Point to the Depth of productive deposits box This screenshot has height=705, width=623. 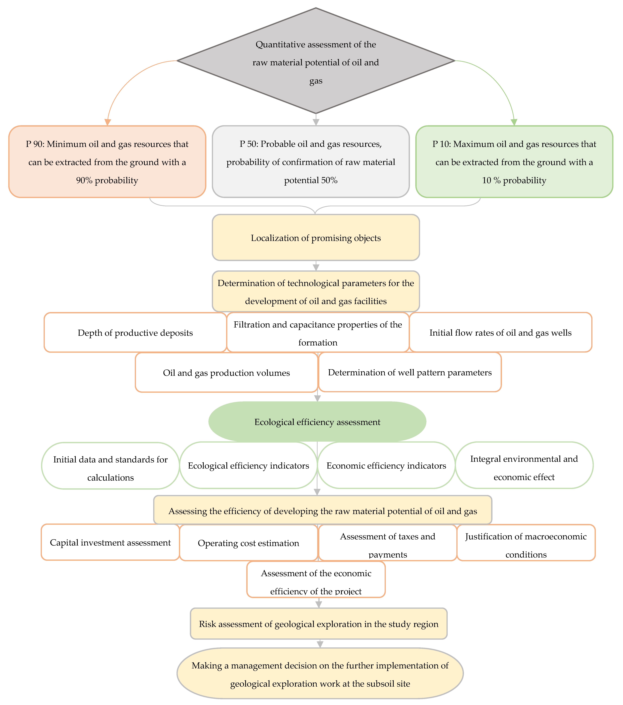point(135,332)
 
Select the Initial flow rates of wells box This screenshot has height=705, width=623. point(500,332)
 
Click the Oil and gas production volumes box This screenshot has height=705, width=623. point(226,373)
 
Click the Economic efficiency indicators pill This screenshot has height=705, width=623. point(386,465)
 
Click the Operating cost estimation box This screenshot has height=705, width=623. point(248,543)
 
